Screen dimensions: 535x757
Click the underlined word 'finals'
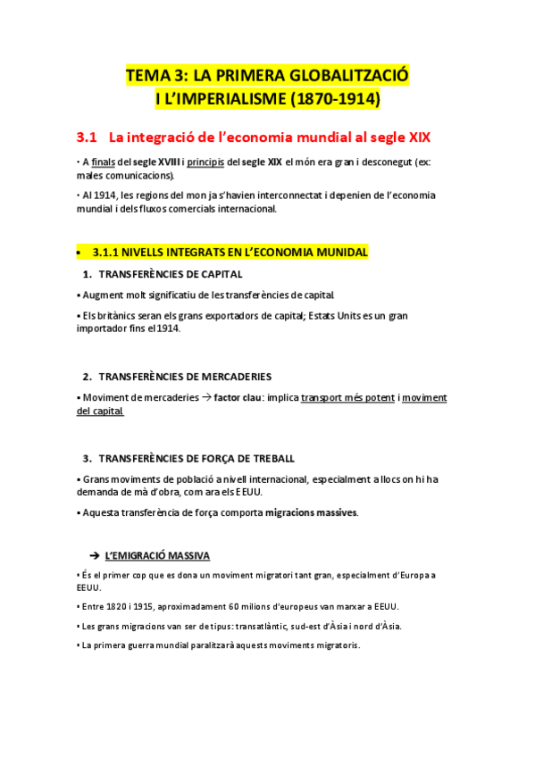tap(104, 162)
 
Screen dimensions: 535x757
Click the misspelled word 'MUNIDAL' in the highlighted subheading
tap(341, 253)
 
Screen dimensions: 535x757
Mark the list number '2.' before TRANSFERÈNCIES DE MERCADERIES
tap(88, 377)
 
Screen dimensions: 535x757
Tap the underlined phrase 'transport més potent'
tap(347, 398)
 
